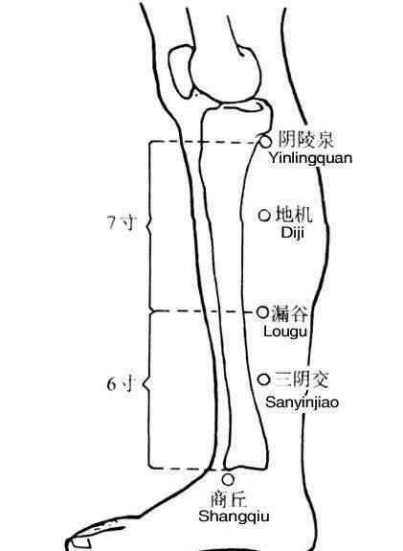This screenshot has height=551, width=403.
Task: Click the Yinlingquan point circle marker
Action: point(266,142)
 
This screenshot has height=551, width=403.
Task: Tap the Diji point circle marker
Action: point(264,215)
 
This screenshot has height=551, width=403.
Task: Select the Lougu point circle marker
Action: point(262,311)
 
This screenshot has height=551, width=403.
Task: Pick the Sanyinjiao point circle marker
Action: point(264,379)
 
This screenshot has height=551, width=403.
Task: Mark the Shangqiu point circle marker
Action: point(228,479)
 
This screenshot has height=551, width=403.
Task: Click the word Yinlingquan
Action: point(310,158)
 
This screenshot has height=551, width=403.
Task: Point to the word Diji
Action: point(292,232)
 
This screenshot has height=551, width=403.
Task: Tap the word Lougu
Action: point(285,332)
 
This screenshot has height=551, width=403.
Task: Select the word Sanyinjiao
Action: point(302,402)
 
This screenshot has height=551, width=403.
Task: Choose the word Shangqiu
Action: point(234,517)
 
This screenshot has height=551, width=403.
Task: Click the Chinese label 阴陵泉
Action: point(305,140)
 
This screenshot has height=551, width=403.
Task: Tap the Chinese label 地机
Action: point(294,214)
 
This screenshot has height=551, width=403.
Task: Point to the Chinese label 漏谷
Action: point(290,313)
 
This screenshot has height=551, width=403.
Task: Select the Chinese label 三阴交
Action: point(302,379)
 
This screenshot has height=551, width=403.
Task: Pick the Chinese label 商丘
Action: point(229,499)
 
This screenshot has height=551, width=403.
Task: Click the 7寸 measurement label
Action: point(122,222)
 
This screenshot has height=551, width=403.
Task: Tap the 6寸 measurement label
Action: point(122,383)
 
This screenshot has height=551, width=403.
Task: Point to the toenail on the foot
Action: point(80,542)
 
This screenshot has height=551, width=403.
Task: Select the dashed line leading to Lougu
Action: point(202,311)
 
